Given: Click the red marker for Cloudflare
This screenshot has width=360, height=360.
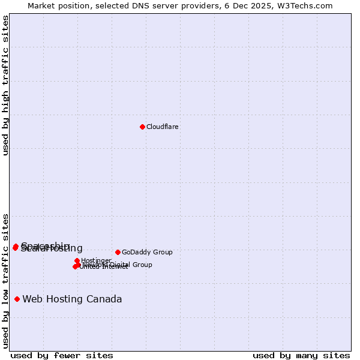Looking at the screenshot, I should [142, 127].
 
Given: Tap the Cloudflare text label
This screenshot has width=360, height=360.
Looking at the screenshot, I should [163, 127].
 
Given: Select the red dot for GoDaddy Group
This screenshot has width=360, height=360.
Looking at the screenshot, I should [118, 252].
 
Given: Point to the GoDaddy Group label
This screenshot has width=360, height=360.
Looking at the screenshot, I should [147, 252].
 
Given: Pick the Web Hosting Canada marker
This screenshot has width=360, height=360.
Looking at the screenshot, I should [17, 299].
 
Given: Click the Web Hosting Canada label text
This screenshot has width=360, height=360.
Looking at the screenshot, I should [72, 299].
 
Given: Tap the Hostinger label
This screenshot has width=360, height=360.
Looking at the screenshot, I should [96, 260].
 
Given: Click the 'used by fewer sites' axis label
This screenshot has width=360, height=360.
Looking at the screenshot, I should [62, 355].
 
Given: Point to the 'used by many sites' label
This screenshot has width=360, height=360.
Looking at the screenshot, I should [301, 355].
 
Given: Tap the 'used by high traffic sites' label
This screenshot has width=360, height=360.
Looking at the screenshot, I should [5, 85].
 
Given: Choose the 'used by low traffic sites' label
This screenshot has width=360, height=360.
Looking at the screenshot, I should [5, 281].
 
